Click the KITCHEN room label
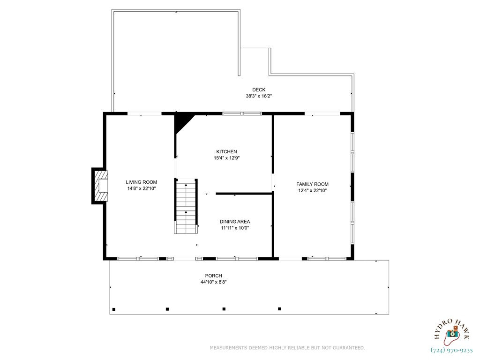click(x=226, y=151)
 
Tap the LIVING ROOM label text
click(x=142, y=182)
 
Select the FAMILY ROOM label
click(x=312, y=184)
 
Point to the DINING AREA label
click(x=235, y=221)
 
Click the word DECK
click(x=259, y=90)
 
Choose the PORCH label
click(x=214, y=276)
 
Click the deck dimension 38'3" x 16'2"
click(x=259, y=96)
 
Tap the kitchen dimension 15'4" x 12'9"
click(x=226, y=158)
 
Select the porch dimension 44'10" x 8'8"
click(x=214, y=282)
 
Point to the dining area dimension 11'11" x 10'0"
click(x=235, y=228)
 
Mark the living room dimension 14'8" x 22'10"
click(x=142, y=188)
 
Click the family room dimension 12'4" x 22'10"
click(x=313, y=190)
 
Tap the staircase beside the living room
click(x=186, y=206)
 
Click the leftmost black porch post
click(x=114, y=309)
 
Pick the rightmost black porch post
click(x=279, y=309)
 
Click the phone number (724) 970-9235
click(x=451, y=350)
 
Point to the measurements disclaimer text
click(x=287, y=348)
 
